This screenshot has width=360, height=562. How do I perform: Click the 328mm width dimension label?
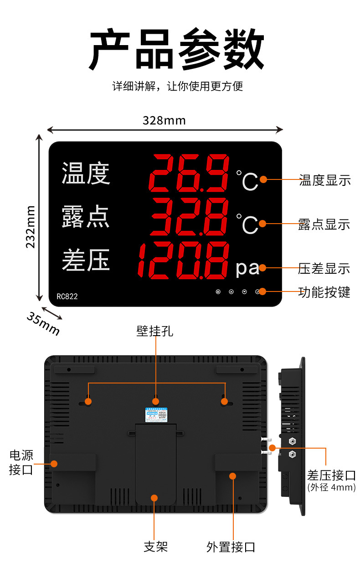(164, 120)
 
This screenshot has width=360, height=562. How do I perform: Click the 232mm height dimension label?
(31, 226)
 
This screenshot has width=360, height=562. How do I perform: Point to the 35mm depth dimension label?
(43, 322)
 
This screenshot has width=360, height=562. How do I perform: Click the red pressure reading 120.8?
(183, 261)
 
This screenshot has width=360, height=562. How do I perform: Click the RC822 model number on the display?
(67, 296)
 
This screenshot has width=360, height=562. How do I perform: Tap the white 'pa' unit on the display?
(247, 268)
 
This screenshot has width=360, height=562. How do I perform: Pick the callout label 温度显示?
(325, 180)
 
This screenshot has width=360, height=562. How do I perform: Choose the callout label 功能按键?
(324, 292)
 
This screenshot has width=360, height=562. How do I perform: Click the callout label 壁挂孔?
(155, 331)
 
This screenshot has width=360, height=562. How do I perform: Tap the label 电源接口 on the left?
(21, 462)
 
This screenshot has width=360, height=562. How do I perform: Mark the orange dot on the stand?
(154, 498)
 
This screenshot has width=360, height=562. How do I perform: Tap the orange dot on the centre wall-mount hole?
(156, 401)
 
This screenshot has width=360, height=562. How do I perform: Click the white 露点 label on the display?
(86, 216)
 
